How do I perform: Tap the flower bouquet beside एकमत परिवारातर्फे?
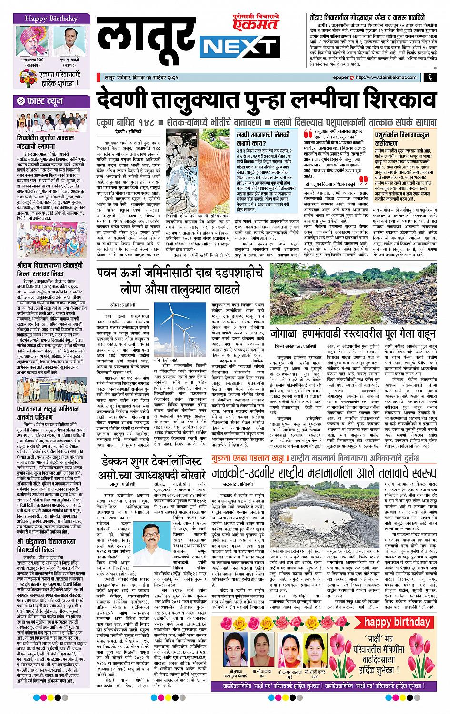tap(28, 77)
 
